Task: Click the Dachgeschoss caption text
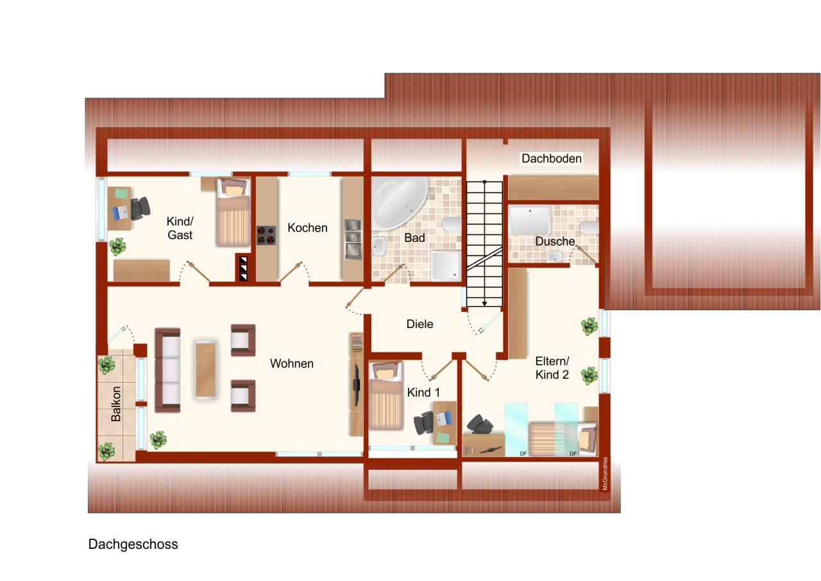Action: click(133, 544)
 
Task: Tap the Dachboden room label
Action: click(551, 159)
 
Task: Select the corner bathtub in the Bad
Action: click(399, 203)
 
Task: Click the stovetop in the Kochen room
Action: click(266, 235)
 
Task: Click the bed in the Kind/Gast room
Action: click(233, 213)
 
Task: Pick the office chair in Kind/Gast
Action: click(140, 208)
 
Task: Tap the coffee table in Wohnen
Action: click(206, 370)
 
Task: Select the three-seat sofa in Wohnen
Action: click(167, 370)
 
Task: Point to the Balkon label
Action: click(116, 404)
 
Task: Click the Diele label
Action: click(419, 324)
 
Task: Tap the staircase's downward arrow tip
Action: click(484, 304)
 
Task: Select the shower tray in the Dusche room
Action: click(530, 220)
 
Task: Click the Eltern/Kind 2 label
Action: click(552, 368)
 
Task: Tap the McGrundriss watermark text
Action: click(604, 474)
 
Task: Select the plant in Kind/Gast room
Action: click(117, 247)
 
